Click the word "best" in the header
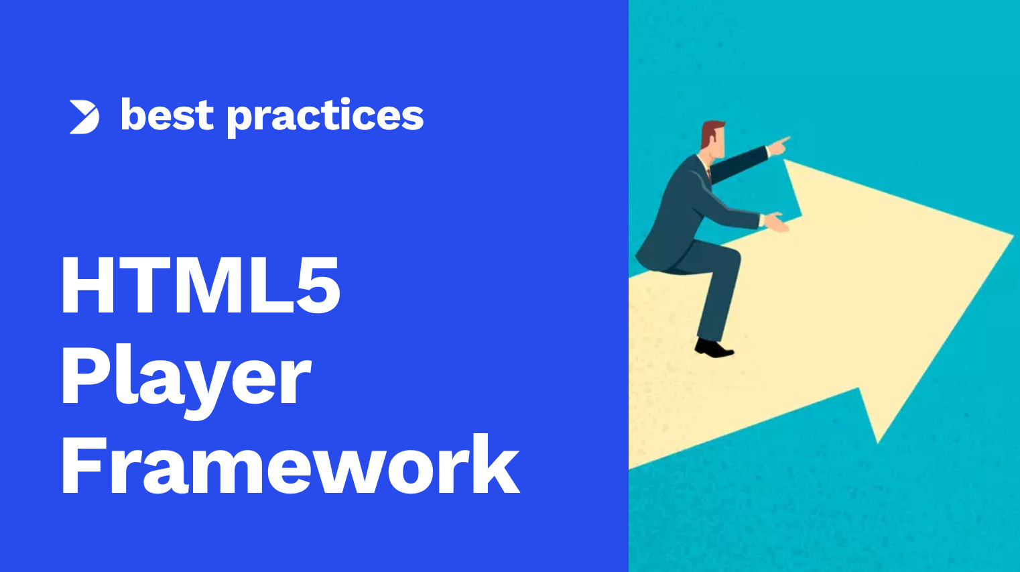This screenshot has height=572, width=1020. pyautogui.click(x=167, y=116)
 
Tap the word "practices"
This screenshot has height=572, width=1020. pyautogui.click(x=325, y=117)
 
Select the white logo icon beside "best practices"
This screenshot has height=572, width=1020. pyautogui.click(x=84, y=117)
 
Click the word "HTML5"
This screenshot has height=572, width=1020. pyautogui.click(x=200, y=286)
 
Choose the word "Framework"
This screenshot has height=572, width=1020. pyautogui.click(x=290, y=465)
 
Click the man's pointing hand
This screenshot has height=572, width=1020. pyautogui.click(x=779, y=144)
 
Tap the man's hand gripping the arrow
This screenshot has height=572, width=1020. pyautogui.click(x=776, y=222)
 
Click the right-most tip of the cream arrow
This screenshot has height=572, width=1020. pyautogui.click(x=1011, y=235)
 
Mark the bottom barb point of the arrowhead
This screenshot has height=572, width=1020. pyautogui.click(x=877, y=441)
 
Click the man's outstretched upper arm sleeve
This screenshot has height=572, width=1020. pyautogui.click(x=737, y=165)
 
